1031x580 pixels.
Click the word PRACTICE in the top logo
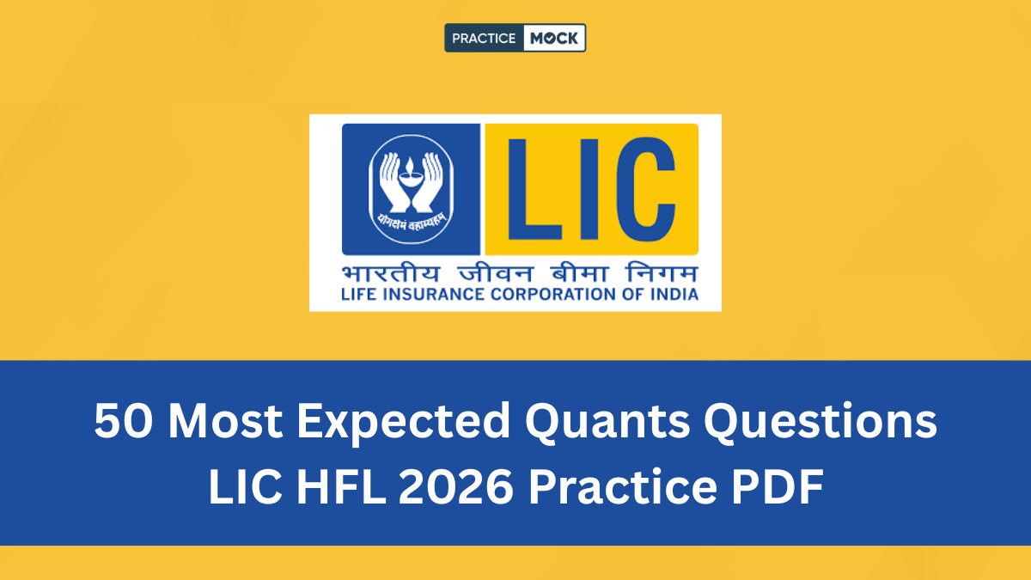[x=483, y=38]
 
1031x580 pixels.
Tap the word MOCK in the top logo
[x=554, y=38]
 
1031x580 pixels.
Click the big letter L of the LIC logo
[x=533, y=190]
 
